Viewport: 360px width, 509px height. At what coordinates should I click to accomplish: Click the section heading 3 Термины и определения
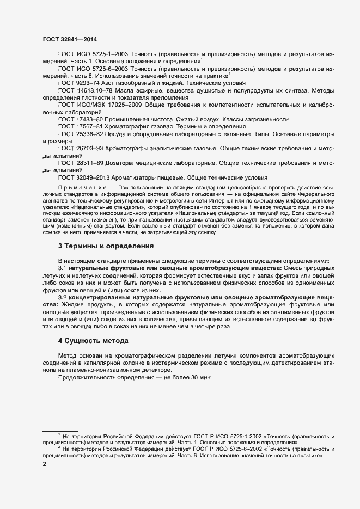(x=106, y=246)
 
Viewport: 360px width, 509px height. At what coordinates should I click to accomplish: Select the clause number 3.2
(x=62, y=297)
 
